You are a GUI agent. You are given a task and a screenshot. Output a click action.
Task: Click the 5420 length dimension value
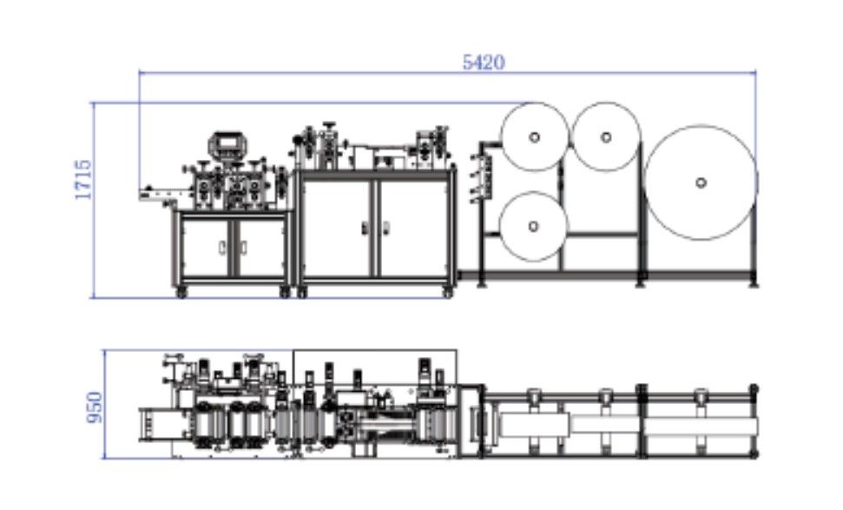pyautogui.click(x=484, y=63)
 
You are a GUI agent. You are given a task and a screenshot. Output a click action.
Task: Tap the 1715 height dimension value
pyautogui.click(x=84, y=179)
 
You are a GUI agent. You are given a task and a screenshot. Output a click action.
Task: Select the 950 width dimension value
pyautogui.click(x=95, y=407)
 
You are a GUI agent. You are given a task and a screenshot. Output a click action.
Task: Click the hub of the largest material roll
pyautogui.click(x=701, y=183)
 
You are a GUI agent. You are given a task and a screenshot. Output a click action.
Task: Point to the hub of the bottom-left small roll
pyautogui.click(x=533, y=227)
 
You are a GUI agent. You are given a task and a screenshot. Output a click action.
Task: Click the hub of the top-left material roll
pyautogui.click(x=534, y=137)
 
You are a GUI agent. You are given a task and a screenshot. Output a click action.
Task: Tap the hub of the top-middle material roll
pyautogui.click(x=606, y=137)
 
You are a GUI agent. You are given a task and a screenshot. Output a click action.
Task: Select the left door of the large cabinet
pyautogui.click(x=337, y=228)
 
